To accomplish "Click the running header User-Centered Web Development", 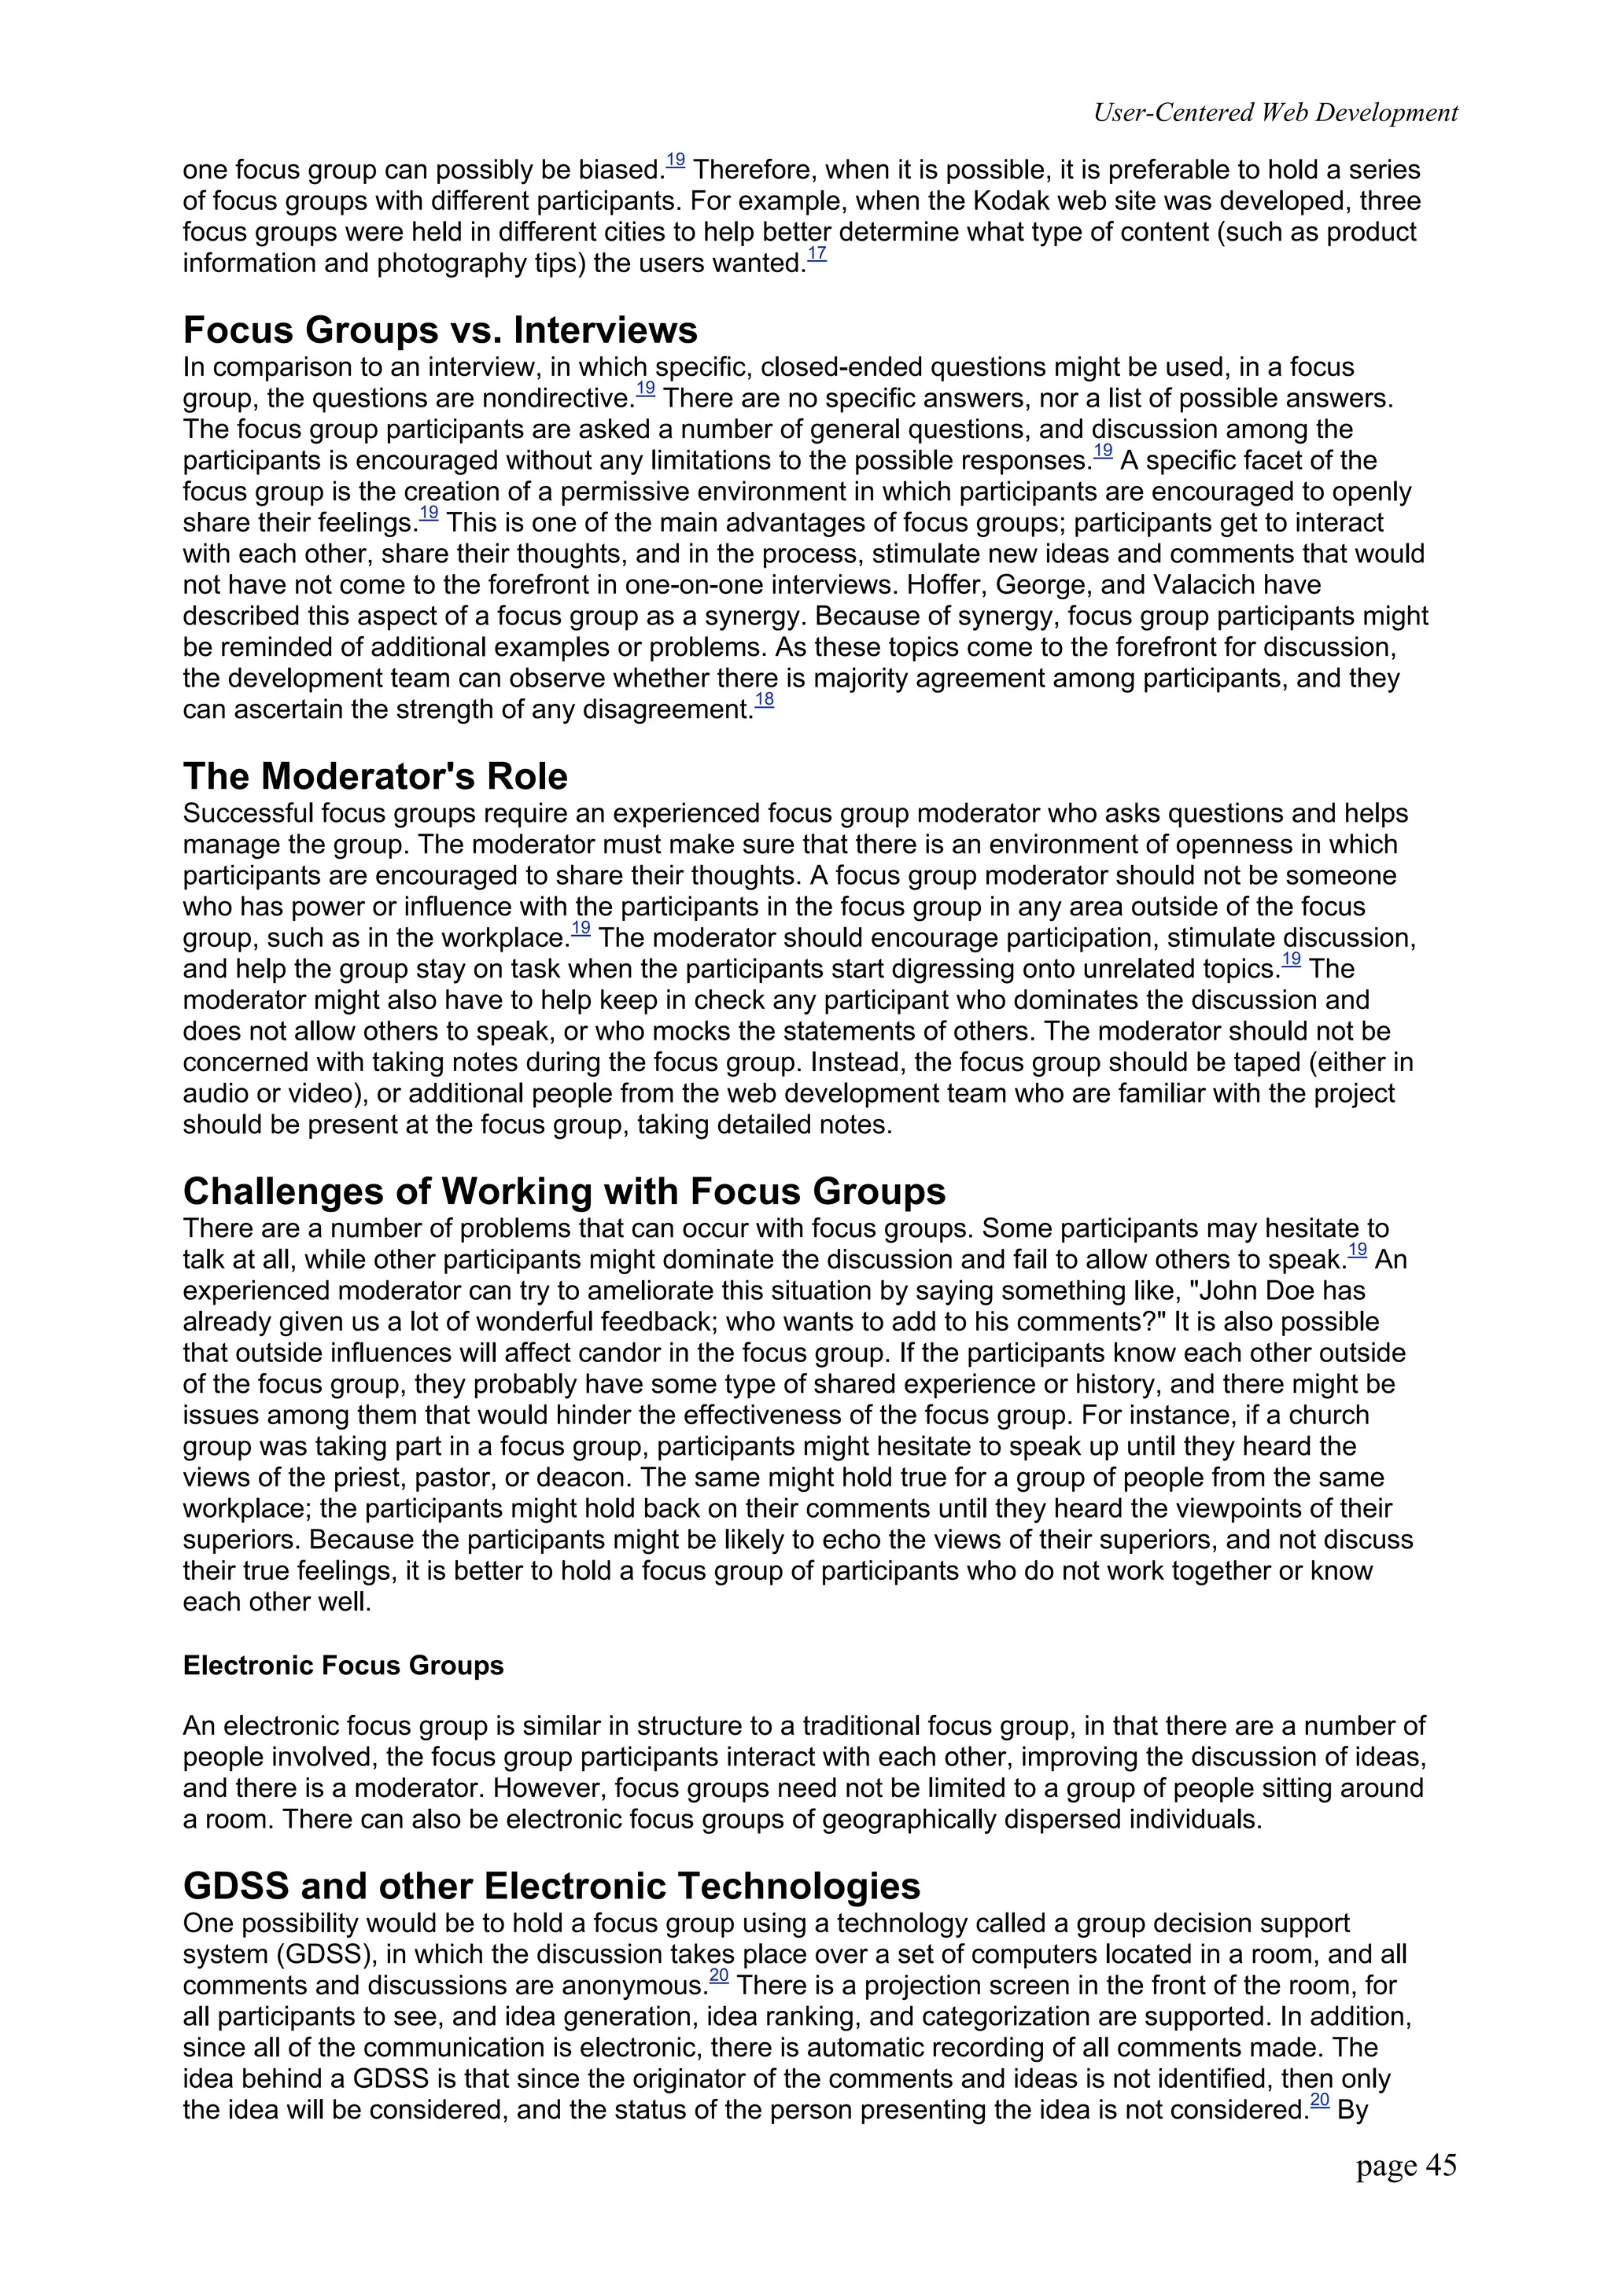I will point(1274,113).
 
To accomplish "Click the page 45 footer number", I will point(1406,2166).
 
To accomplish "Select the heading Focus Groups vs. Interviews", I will point(440,330).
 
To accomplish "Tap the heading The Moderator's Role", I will point(375,776).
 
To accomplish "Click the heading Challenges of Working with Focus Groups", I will point(564,1191).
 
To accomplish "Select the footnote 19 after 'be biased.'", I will point(675,160).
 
